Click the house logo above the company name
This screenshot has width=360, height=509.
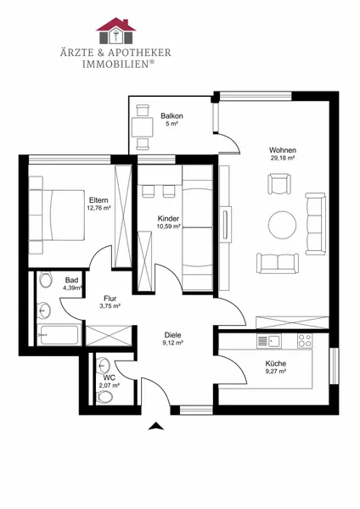tap(115, 31)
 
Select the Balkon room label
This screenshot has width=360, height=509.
tap(172, 116)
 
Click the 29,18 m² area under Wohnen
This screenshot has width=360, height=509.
tap(283, 158)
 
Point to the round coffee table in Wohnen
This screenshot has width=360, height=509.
tap(283, 224)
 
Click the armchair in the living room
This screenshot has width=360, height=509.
tap(279, 184)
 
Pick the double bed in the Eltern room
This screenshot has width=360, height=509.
tap(57, 215)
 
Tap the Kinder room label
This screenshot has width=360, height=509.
tap(168, 219)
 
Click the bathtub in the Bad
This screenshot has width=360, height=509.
tap(59, 335)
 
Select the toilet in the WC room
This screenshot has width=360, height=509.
tap(104, 397)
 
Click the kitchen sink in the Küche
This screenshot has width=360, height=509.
tap(269, 341)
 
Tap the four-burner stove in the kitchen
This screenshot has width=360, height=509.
tap(305, 341)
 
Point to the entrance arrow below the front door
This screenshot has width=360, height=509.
tap(156, 426)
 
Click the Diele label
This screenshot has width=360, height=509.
tap(173, 335)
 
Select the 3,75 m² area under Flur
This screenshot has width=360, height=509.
tap(110, 305)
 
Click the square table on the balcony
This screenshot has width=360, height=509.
tap(143, 127)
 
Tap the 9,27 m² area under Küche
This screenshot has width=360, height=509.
tap(276, 372)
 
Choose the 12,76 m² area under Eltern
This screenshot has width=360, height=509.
tap(98, 208)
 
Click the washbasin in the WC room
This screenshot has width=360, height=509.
tap(104, 365)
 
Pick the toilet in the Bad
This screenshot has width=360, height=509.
tap(46, 279)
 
